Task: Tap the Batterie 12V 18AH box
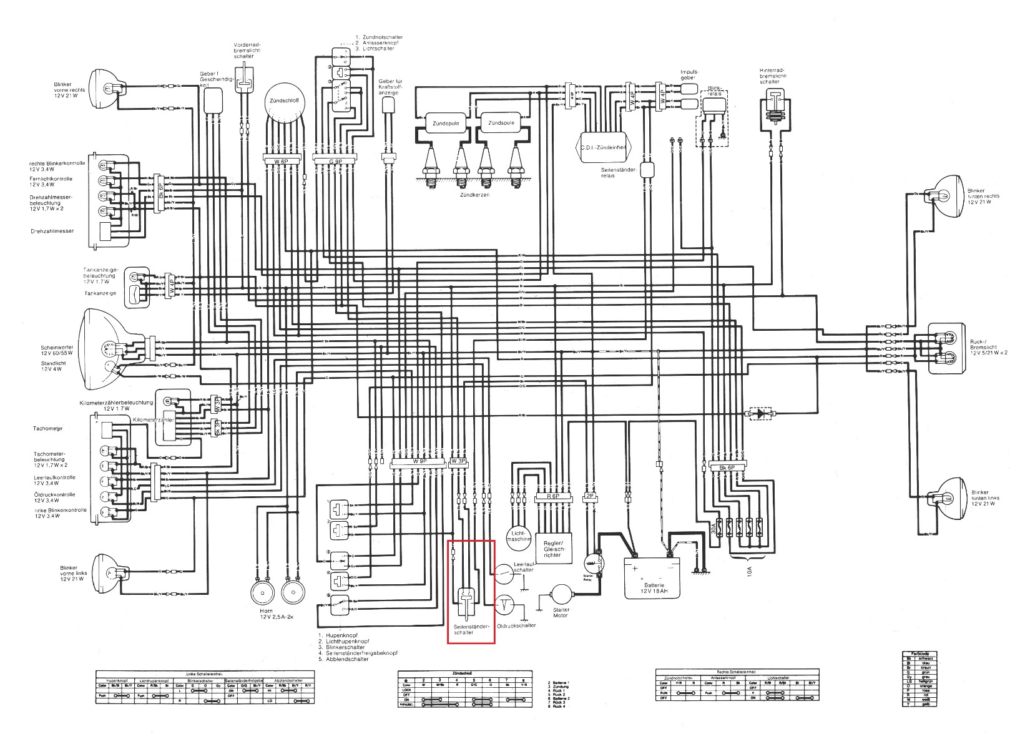click(x=653, y=578)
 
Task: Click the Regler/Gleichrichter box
click(x=552, y=547)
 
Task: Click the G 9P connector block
click(x=334, y=161)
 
